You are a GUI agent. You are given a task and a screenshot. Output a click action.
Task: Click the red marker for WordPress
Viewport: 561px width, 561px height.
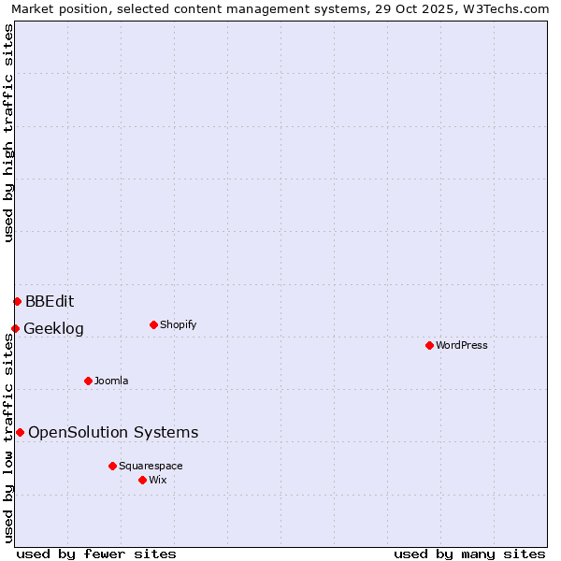pyautogui.click(x=429, y=345)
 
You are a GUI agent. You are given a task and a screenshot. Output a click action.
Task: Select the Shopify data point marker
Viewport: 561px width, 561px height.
pyautogui.click(x=153, y=324)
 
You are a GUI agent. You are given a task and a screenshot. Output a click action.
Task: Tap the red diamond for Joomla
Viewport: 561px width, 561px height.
pyautogui.click(x=88, y=381)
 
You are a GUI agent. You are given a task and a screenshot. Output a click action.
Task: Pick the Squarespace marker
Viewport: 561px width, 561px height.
pyautogui.click(x=112, y=466)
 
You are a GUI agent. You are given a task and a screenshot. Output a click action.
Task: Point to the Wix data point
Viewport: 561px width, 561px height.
pyautogui.click(x=142, y=480)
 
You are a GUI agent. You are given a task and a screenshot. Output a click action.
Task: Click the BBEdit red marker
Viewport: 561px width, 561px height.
pyautogui.click(x=17, y=301)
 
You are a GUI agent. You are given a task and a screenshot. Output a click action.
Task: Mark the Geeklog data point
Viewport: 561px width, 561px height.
pyautogui.click(x=15, y=328)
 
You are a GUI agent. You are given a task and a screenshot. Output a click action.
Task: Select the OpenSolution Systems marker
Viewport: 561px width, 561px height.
pyautogui.click(x=20, y=432)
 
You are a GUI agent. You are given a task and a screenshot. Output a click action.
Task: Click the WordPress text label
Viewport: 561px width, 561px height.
pyautogui.click(x=462, y=345)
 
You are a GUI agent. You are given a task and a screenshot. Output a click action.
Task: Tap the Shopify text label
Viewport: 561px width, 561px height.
pyautogui.click(x=179, y=324)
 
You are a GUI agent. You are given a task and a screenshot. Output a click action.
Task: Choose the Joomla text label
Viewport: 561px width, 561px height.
pyautogui.click(x=111, y=381)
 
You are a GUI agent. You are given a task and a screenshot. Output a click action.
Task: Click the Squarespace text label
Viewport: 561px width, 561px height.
pyautogui.click(x=151, y=466)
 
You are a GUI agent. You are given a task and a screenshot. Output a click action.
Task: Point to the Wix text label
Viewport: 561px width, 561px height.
pyautogui.click(x=158, y=480)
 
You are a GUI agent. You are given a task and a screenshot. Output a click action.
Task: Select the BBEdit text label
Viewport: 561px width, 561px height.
pyautogui.click(x=50, y=301)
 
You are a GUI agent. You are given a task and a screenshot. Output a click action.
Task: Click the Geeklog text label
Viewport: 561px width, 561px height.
pyautogui.click(x=53, y=328)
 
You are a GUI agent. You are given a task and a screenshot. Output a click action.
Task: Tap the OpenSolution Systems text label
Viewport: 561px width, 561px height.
pyautogui.click(x=113, y=432)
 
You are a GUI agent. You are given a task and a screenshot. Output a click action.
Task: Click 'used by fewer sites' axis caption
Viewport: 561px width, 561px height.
pyautogui.click(x=96, y=554)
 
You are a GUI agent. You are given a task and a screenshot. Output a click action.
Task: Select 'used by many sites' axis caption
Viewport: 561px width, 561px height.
pyautogui.click(x=469, y=554)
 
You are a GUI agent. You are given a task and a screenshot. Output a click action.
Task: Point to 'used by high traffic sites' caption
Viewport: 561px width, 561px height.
pyautogui.click(x=8, y=133)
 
